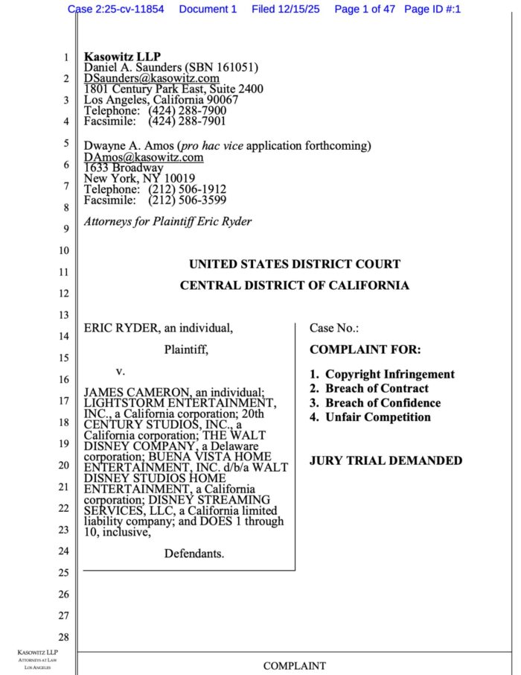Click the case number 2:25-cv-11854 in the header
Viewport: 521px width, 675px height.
(129, 9)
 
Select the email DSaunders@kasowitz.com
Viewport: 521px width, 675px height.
(151, 78)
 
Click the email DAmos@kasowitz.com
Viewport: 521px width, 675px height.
(143, 157)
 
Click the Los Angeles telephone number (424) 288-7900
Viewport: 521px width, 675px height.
(187, 110)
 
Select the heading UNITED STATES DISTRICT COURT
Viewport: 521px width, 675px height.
(294, 264)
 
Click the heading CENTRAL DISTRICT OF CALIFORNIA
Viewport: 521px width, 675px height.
(294, 285)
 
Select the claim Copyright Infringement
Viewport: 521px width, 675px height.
(389, 374)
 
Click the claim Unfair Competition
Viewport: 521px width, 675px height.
(377, 417)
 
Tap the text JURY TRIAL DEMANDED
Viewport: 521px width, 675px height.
(386, 460)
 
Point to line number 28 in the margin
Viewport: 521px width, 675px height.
(65, 637)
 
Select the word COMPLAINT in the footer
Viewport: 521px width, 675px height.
(294, 665)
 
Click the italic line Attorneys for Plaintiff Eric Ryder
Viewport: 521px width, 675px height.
(167, 221)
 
